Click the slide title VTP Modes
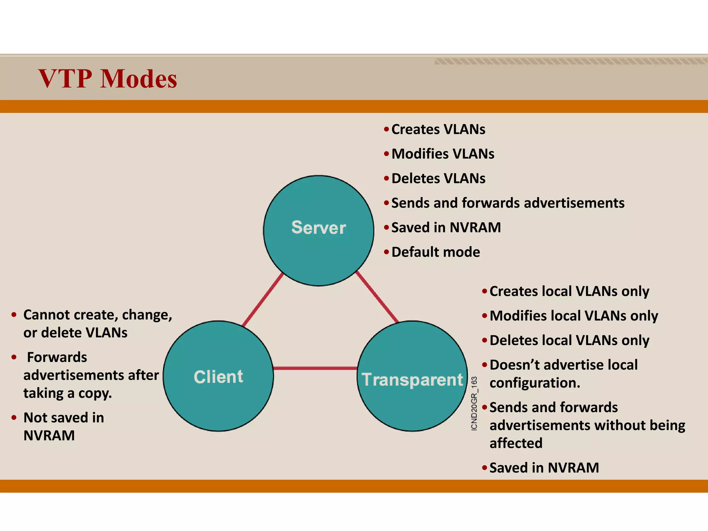pyautogui.click(x=108, y=79)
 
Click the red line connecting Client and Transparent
pyautogui.click(x=315, y=368)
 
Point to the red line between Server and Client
pyautogui.click(x=263, y=299)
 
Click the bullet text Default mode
pyautogui.click(x=436, y=252)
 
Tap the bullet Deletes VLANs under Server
pyautogui.click(x=438, y=178)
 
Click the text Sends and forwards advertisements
pyautogui.click(x=507, y=203)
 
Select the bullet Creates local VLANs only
pyautogui.click(x=569, y=291)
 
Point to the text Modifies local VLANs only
pyautogui.click(x=574, y=316)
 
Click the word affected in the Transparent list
pyautogui.click(x=516, y=443)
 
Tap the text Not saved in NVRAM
pyautogui.click(x=64, y=418)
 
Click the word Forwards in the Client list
pyautogui.click(x=57, y=357)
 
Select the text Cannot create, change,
pyautogui.click(x=97, y=315)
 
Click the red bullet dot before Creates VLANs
pyautogui.click(x=386, y=129)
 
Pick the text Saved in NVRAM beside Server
pyautogui.click(x=446, y=227)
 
